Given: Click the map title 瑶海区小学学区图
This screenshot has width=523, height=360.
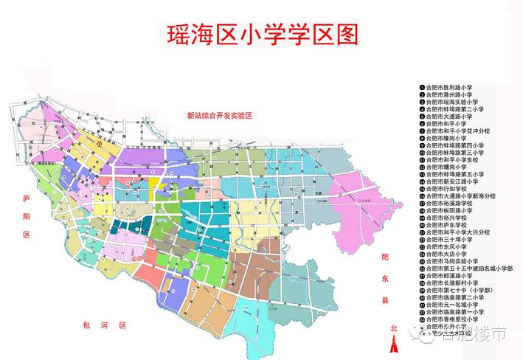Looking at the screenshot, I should (259, 35).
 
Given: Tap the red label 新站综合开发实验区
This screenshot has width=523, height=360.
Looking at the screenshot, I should (219, 116).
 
